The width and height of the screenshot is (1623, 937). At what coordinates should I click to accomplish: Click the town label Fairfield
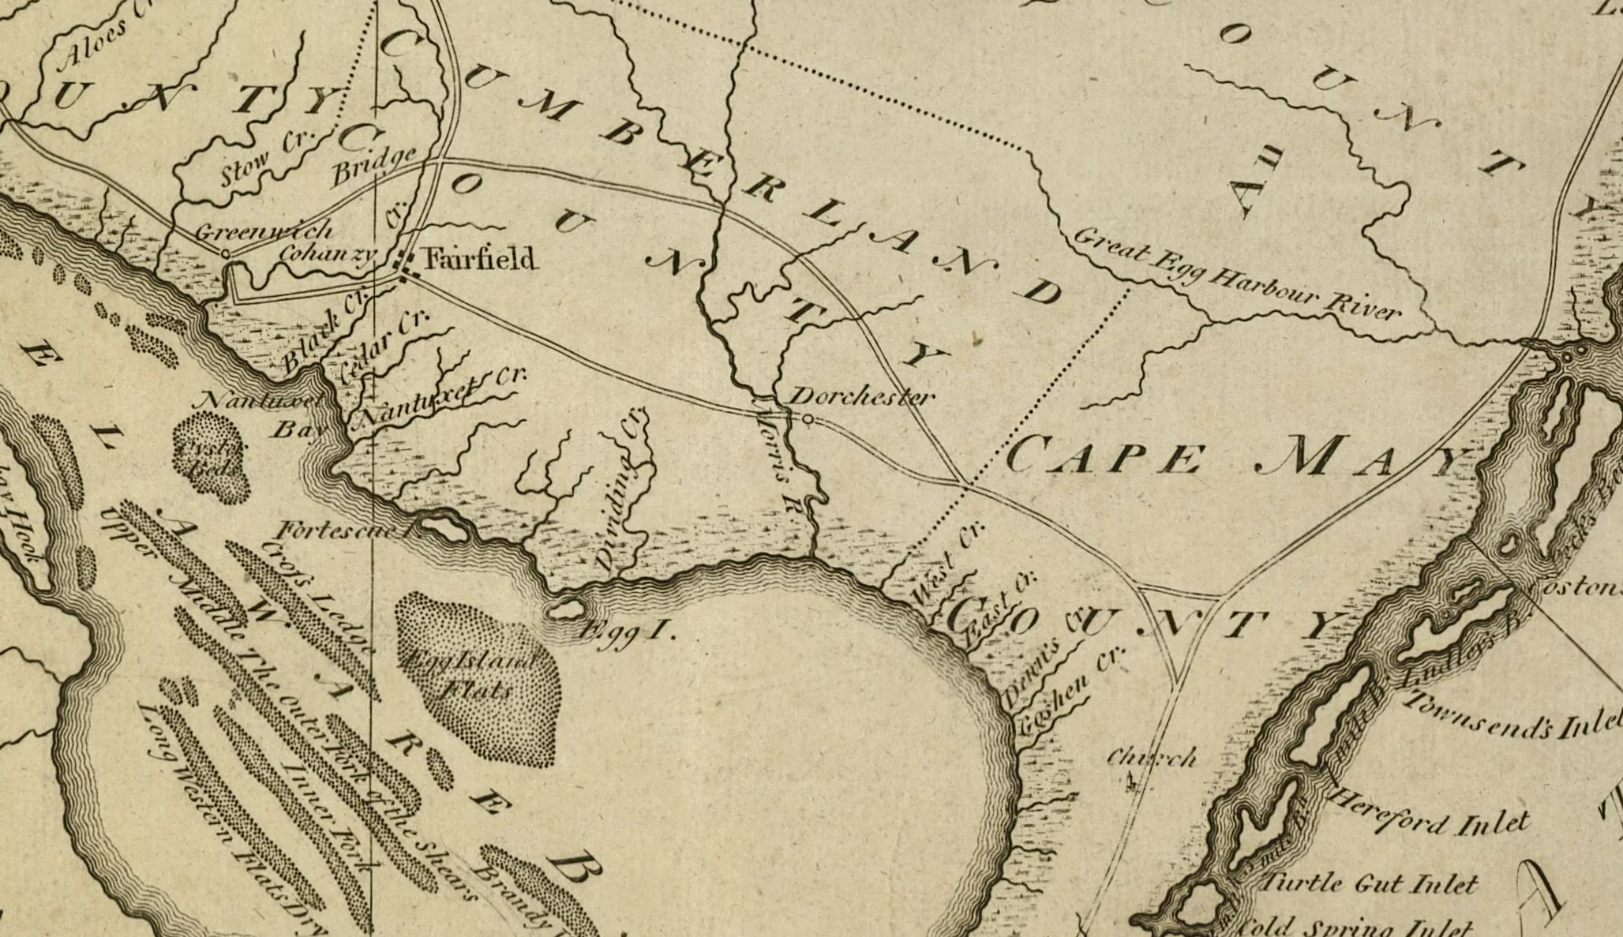[x=479, y=259]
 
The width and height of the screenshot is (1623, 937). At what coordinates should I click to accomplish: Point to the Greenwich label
[x=263, y=231]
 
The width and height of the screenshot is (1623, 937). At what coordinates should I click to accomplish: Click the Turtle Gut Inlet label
[x=1369, y=883]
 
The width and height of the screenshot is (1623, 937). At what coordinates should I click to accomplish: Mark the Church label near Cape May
[x=1151, y=758]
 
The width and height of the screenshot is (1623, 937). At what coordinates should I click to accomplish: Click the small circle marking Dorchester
[x=808, y=419]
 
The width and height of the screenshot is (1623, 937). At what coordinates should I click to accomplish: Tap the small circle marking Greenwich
[x=226, y=254]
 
